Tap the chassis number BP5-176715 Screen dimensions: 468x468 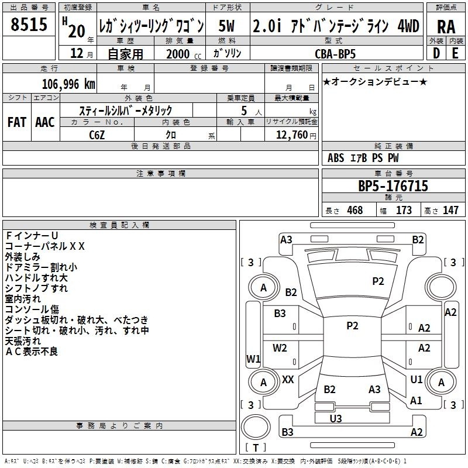(x=393, y=186)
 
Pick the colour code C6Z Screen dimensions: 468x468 (x=97, y=135)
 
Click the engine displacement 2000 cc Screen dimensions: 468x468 (x=179, y=53)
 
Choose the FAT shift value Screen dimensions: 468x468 (x=16, y=122)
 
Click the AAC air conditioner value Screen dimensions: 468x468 (x=44, y=122)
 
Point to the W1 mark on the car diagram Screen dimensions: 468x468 (x=253, y=359)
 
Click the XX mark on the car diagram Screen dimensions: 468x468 (x=288, y=380)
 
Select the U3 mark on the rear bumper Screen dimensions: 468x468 (x=336, y=418)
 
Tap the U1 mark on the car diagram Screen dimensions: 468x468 (x=416, y=380)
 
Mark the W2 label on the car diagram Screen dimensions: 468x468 (x=280, y=348)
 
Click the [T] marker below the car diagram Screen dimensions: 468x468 (x=256, y=448)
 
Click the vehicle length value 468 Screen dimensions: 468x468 (x=355, y=211)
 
